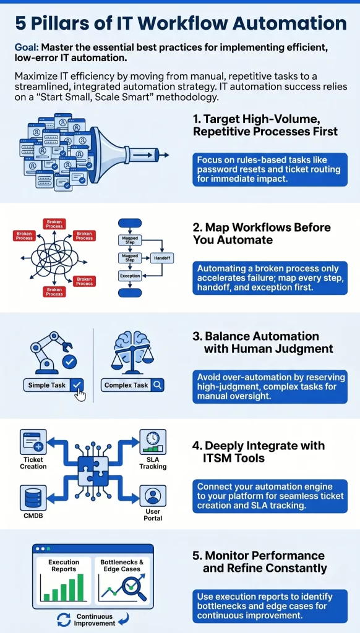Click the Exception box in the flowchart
(130, 276)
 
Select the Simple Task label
(47, 385)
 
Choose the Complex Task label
(126, 385)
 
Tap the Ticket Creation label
(33, 463)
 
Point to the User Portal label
(153, 515)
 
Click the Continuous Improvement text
(95, 620)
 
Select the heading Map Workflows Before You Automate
(262, 234)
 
